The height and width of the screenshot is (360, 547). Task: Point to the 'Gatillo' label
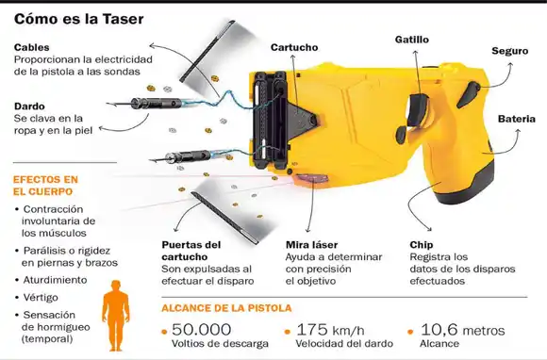pos(411,41)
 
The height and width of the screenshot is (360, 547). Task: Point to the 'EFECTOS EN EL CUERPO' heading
pos(44,185)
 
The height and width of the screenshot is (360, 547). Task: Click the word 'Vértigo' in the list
pos(42,296)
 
